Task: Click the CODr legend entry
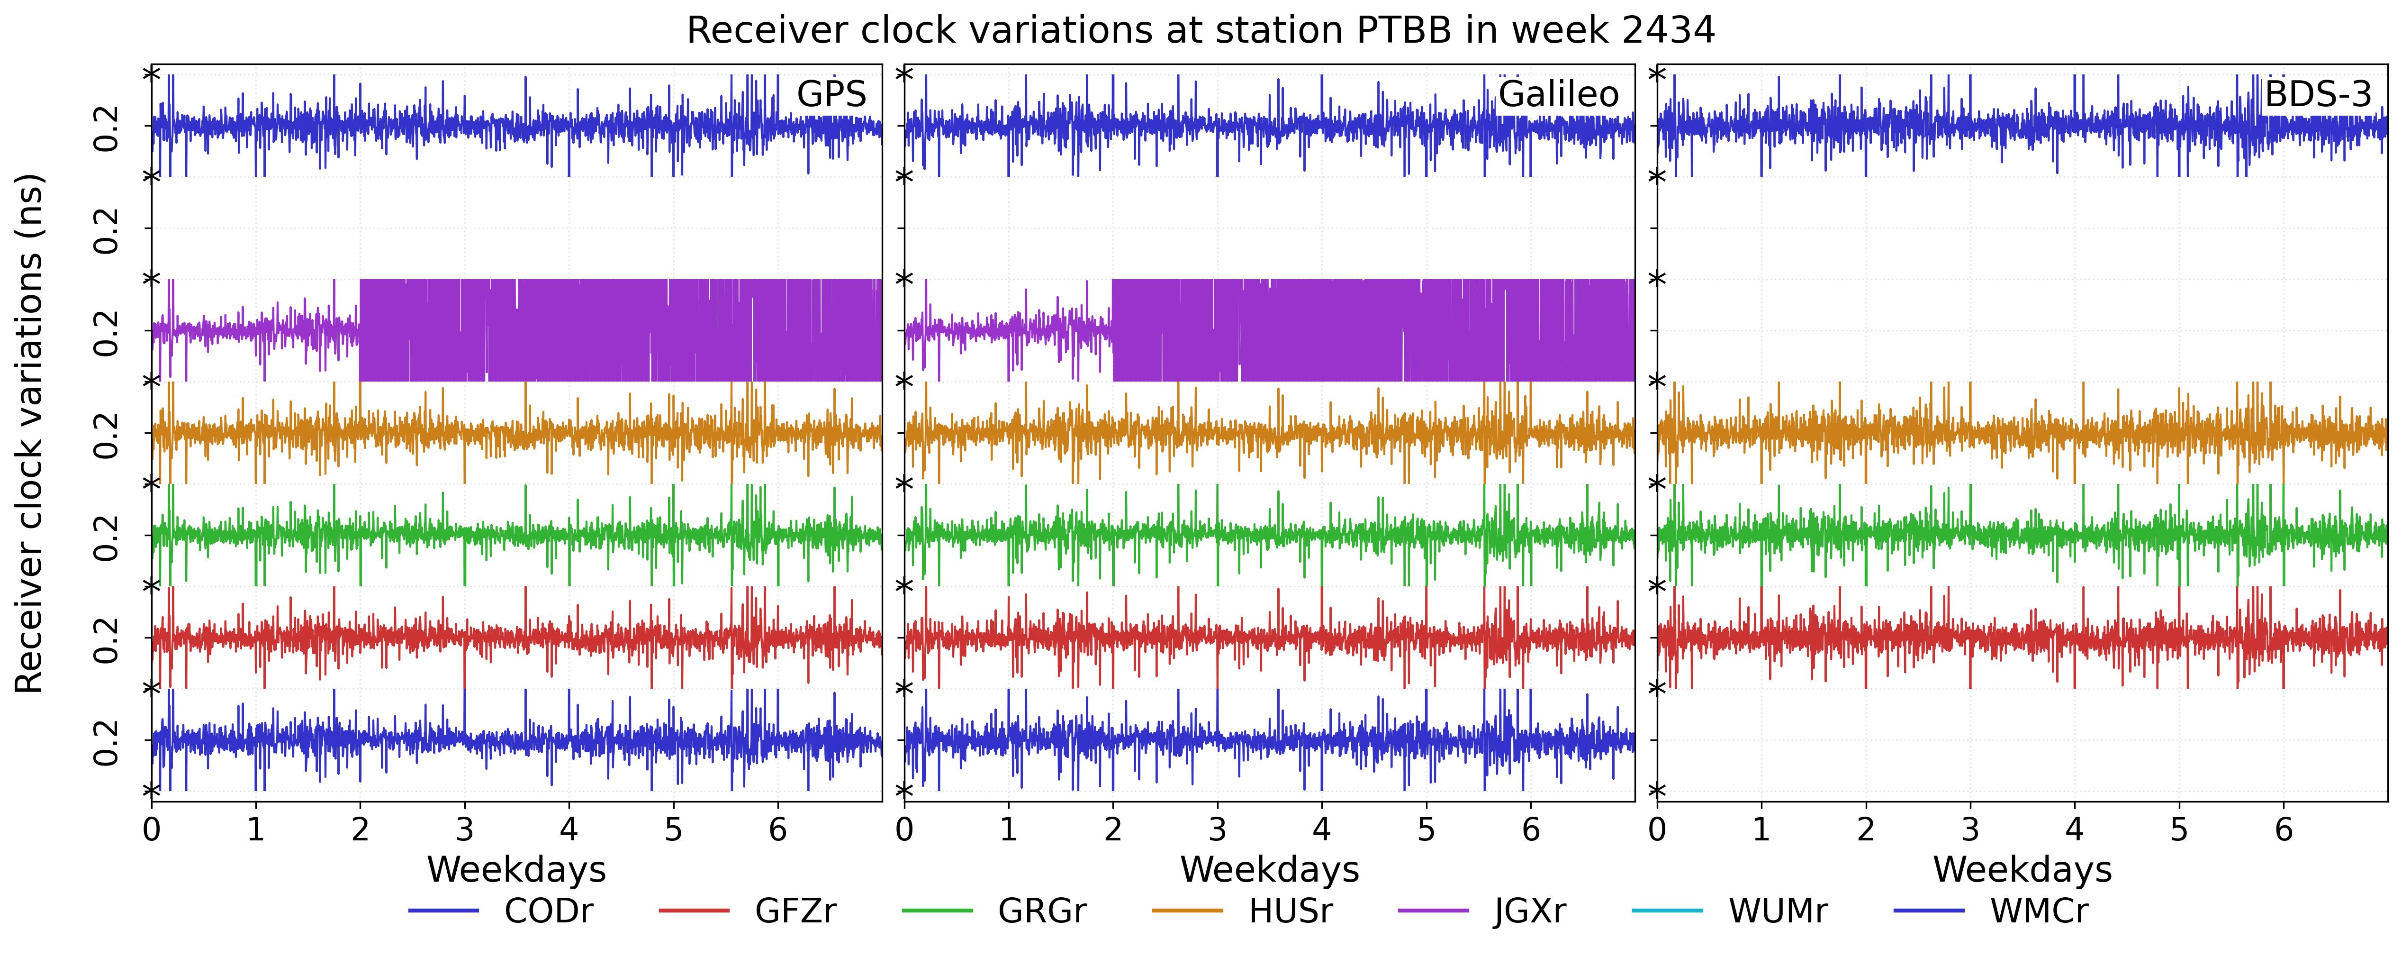pyautogui.click(x=501, y=911)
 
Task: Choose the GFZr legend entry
pyautogui.click(x=748, y=911)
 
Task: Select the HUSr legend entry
pyautogui.click(x=1243, y=911)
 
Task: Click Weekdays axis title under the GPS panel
pyautogui.click(x=516, y=869)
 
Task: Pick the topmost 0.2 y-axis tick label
pyautogui.click(x=107, y=129)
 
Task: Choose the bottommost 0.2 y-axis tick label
pyautogui.click(x=107, y=742)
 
